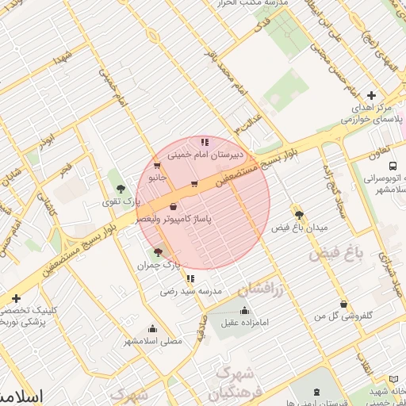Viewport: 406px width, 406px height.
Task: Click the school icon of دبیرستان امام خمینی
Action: coord(205,142)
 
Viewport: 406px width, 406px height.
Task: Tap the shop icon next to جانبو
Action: coord(157,166)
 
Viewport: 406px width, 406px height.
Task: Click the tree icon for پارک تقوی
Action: coord(121,189)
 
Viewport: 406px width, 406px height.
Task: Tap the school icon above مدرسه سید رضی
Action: coord(190,278)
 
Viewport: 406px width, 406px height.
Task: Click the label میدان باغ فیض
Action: coord(300,228)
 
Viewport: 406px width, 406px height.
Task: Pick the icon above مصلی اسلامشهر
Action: coord(152,328)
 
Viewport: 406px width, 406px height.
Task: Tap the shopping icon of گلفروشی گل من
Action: coord(343,304)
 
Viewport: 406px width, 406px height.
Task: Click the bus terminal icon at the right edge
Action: coord(393,165)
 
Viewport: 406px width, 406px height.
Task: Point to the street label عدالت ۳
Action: coord(245,121)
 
